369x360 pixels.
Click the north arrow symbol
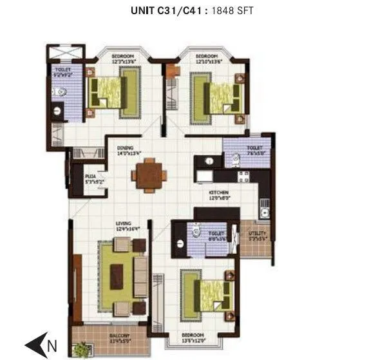pyautogui.click(x=41, y=345)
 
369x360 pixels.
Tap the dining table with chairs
pyautogui.click(x=149, y=175)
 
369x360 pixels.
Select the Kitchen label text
pyautogui.click(x=219, y=195)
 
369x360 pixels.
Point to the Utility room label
pyautogui.click(x=258, y=235)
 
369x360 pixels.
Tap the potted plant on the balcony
pyautogui.click(x=81, y=349)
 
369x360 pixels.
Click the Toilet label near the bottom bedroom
pyautogui.click(x=215, y=236)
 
